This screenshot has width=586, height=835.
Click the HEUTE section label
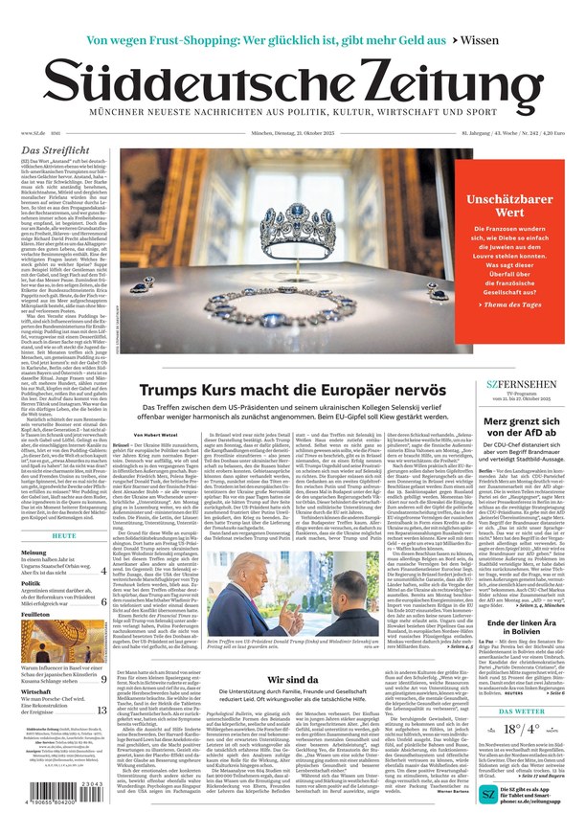(64, 535)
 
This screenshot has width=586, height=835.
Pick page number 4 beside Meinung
(103, 572)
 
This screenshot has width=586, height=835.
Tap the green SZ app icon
(489, 794)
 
